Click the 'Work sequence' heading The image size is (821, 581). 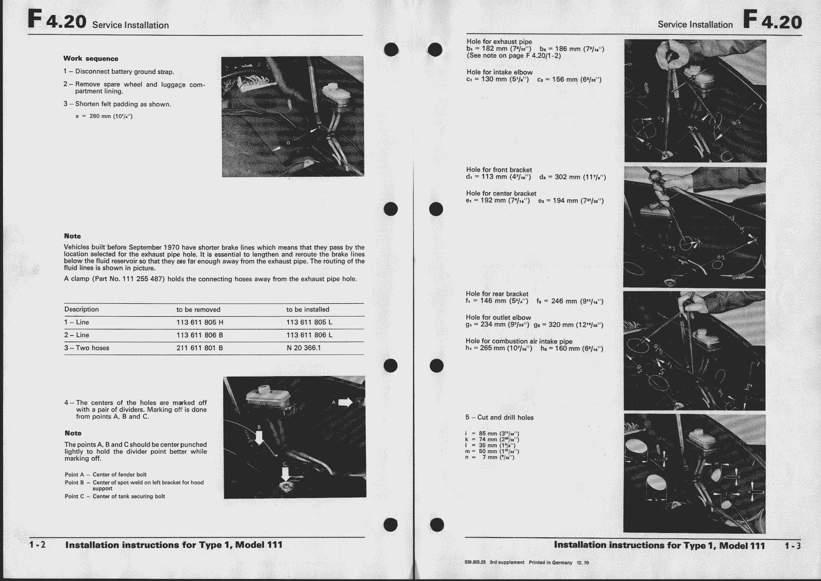click(x=91, y=58)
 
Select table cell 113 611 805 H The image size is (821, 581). click(x=200, y=322)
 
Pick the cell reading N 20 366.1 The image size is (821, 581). click(x=304, y=348)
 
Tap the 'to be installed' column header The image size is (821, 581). click(x=308, y=310)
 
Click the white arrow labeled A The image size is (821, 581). click(x=345, y=402)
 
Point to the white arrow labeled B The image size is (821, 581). click(x=259, y=438)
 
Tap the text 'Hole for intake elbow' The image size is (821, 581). click(x=499, y=72)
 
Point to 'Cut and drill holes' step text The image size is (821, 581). click(x=505, y=418)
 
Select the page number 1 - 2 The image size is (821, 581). click(x=38, y=545)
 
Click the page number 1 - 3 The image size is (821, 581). click(x=793, y=546)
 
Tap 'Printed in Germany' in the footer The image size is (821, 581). click(x=550, y=562)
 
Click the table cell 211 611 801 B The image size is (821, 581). click(x=199, y=348)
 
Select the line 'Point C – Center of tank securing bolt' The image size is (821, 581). click(x=115, y=496)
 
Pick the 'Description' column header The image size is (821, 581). click(x=81, y=310)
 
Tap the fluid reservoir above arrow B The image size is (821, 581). click(x=269, y=398)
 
